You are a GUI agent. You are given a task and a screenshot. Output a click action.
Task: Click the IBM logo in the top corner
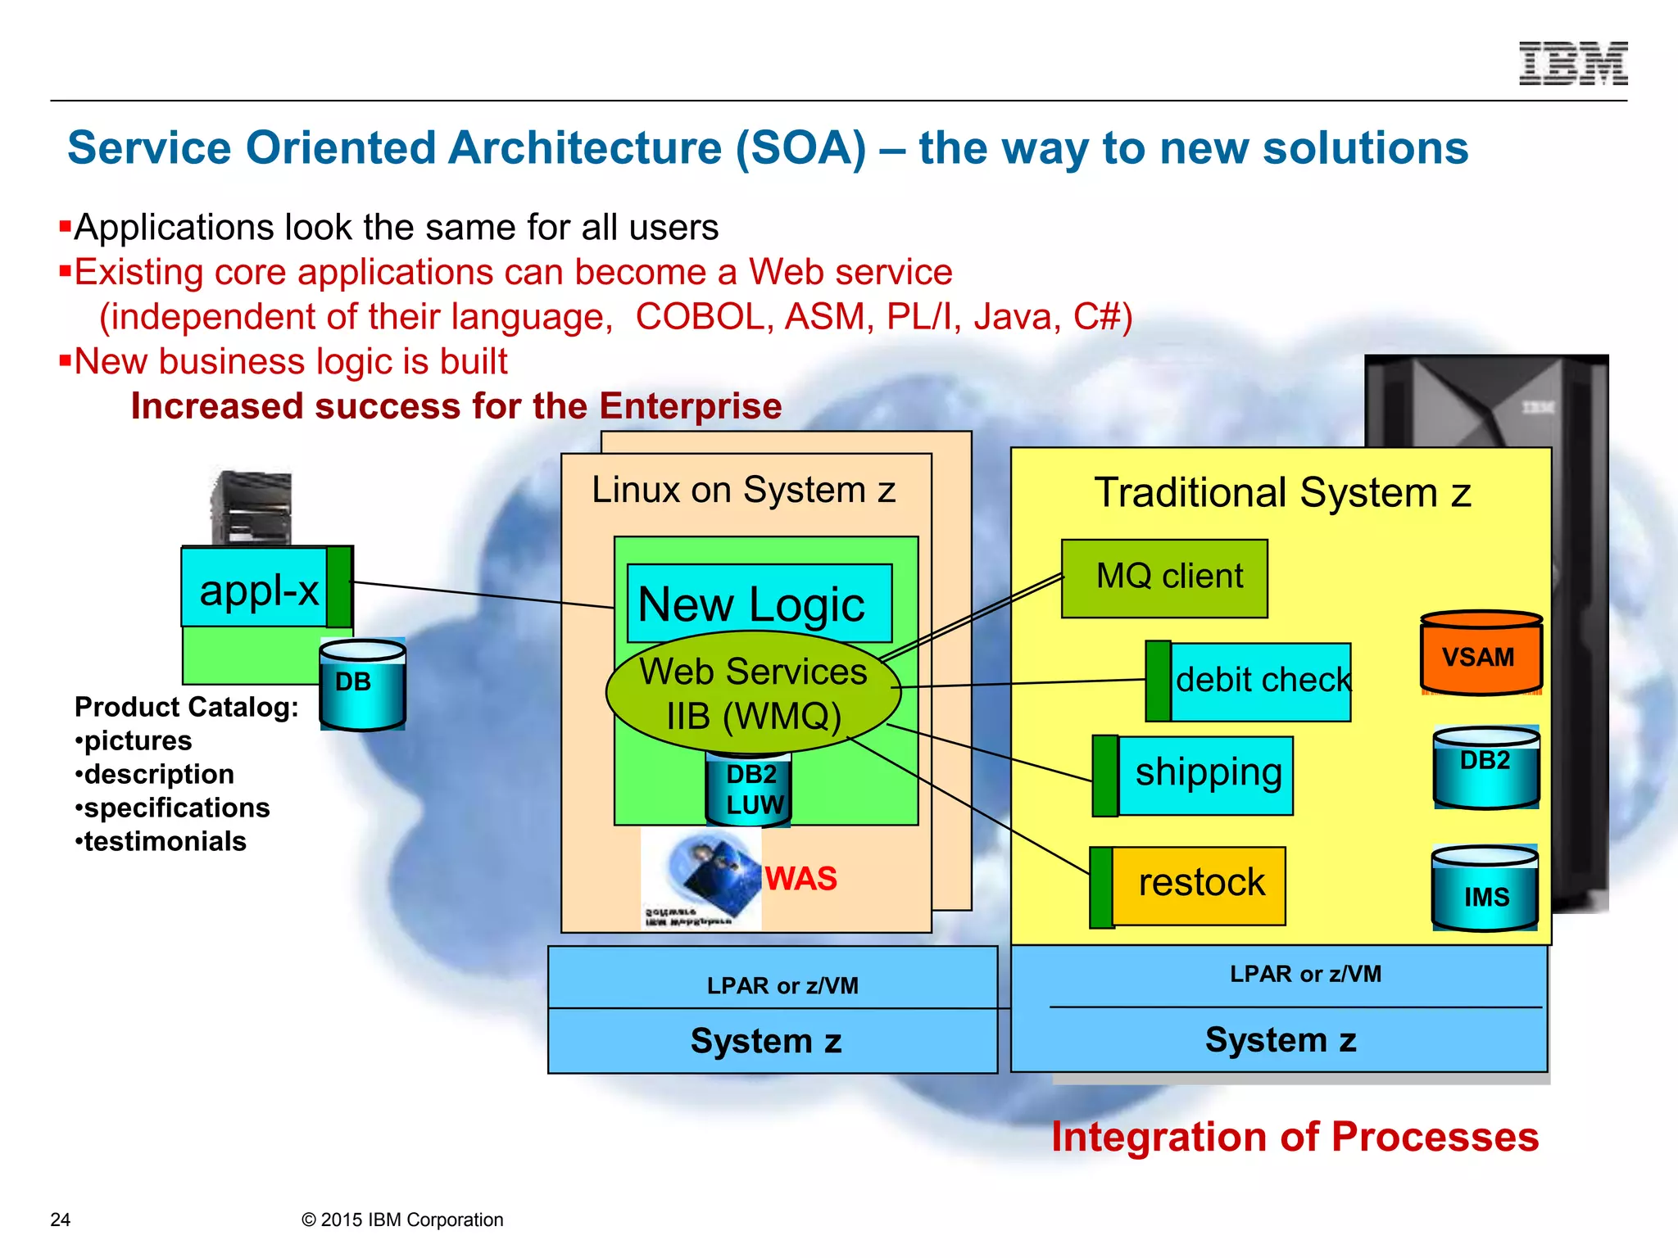point(1573,64)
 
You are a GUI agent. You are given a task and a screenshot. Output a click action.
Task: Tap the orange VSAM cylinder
point(1481,654)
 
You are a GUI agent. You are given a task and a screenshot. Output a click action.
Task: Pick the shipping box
point(1204,775)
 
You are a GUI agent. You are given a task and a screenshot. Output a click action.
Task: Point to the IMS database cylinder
point(1485,890)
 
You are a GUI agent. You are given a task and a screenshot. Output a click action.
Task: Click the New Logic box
point(758,604)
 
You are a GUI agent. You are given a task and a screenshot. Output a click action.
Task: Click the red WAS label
point(800,880)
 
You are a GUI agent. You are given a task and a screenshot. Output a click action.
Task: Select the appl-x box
point(257,590)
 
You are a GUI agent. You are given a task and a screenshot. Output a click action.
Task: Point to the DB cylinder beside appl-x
point(361,685)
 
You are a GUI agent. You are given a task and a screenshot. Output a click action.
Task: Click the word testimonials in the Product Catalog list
point(165,842)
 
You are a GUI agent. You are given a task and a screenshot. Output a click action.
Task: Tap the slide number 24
point(61,1220)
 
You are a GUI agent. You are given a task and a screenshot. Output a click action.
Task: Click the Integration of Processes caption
point(1295,1138)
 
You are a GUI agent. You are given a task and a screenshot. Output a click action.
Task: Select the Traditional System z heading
point(1282,493)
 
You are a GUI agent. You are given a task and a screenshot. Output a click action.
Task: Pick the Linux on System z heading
point(743,491)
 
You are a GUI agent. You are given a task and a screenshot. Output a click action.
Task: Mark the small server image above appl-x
point(252,508)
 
